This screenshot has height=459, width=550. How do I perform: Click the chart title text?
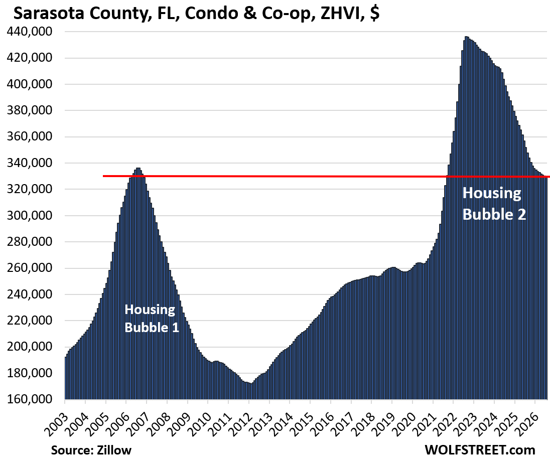[x=196, y=14]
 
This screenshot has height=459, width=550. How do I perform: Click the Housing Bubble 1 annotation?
[x=152, y=319]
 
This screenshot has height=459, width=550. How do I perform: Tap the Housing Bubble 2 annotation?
[x=494, y=204]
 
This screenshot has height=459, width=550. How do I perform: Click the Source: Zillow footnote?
[x=91, y=450]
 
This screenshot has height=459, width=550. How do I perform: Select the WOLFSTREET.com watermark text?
[x=480, y=449]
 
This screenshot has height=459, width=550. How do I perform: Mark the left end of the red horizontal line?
[x=103, y=176]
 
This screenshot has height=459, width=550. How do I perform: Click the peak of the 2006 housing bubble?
[x=138, y=169]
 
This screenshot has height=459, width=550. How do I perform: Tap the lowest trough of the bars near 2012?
[x=250, y=384]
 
